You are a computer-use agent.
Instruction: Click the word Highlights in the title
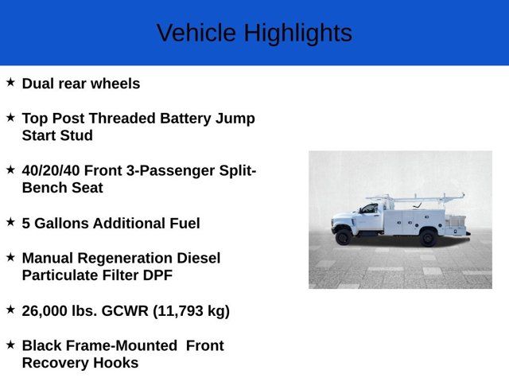(x=297, y=33)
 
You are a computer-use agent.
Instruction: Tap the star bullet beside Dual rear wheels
(x=10, y=82)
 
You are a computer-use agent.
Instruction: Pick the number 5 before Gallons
(x=26, y=223)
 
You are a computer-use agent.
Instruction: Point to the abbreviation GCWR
(x=122, y=310)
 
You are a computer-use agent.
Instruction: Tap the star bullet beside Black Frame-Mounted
(x=10, y=345)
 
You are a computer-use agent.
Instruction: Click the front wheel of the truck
(x=344, y=236)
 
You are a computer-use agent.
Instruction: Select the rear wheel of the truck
(x=428, y=236)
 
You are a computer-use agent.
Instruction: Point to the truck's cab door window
(x=369, y=209)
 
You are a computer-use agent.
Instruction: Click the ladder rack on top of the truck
(x=414, y=197)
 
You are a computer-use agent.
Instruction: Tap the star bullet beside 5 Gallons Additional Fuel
(x=10, y=222)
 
